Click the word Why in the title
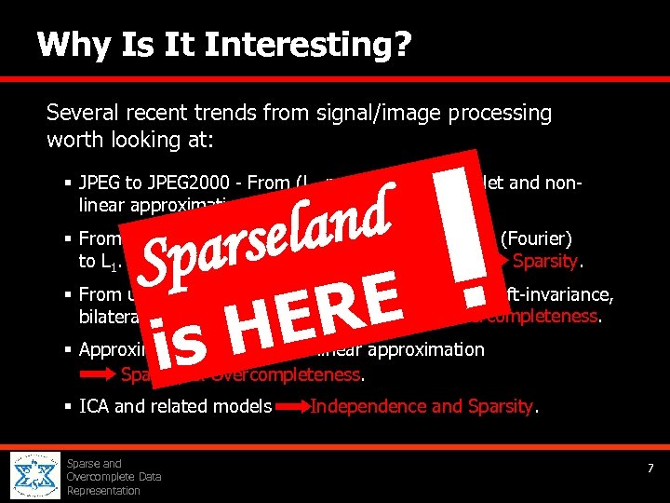coord(69,44)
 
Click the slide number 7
coord(650,468)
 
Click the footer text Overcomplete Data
coord(114,477)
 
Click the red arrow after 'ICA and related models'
coord(292,407)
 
